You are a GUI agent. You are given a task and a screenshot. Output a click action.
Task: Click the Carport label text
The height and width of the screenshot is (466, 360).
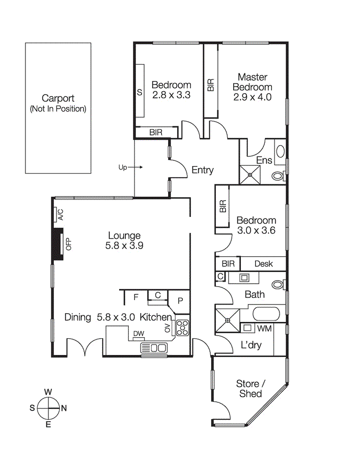tap(58, 99)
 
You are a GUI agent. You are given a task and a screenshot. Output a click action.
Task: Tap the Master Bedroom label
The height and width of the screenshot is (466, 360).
tap(253, 87)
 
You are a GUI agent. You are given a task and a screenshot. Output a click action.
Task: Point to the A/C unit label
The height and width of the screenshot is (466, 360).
tap(60, 215)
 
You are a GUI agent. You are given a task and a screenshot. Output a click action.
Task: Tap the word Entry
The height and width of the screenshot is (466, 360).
tap(202, 171)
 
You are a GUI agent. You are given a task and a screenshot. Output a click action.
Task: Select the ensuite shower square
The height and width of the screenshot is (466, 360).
tap(250, 174)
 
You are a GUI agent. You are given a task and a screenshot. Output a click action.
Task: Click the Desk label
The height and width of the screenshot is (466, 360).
tap(263, 263)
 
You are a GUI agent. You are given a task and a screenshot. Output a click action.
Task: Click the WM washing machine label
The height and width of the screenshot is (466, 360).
tap(264, 328)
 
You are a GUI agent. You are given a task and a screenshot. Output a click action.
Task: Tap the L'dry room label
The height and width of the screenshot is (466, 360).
tap(251, 345)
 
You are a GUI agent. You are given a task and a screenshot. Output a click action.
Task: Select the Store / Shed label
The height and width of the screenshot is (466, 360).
tap(250, 389)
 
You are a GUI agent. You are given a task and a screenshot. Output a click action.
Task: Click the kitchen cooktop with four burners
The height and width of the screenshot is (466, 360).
tap(182, 328)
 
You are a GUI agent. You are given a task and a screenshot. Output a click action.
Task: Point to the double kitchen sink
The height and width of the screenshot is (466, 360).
tap(154, 348)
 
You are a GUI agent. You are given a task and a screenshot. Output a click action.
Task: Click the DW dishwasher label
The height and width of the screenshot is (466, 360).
tap(138, 334)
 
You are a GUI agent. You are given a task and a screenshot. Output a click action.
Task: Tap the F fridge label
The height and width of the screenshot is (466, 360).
tap(136, 297)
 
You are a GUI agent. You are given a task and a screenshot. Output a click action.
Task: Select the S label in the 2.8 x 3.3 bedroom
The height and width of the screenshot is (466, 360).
tap(139, 93)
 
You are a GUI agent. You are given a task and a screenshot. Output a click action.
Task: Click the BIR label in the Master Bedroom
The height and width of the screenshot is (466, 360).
tap(210, 85)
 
